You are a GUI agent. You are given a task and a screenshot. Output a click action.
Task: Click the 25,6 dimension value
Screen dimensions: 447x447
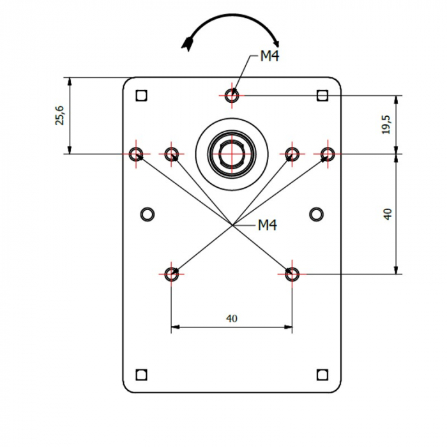pyautogui.click(x=59, y=116)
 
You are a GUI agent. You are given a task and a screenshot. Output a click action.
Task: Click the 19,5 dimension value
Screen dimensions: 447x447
pyautogui.click(x=386, y=125)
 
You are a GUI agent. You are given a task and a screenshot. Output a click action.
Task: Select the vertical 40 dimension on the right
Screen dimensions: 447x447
pyautogui.click(x=387, y=214)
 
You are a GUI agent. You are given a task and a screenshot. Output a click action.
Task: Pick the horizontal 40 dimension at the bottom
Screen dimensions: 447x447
pyautogui.click(x=231, y=318)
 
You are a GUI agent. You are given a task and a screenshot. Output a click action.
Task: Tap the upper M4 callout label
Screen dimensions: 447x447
pyautogui.click(x=269, y=57)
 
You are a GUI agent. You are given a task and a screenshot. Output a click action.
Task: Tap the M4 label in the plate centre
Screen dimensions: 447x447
pyautogui.click(x=267, y=225)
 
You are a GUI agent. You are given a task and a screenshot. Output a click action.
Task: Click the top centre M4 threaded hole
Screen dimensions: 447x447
pyautogui.click(x=233, y=95)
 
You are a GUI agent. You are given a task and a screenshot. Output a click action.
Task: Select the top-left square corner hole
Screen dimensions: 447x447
pyautogui.click(x=142, y=96)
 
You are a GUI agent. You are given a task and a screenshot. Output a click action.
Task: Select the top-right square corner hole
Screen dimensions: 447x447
pyautogui.click(x=322, y=96)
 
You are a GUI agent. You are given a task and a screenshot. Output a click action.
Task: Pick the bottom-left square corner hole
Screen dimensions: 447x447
pyautogui.click(x=142, y=374)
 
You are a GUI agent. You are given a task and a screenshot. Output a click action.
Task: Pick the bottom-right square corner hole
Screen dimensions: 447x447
pyautogui.click(x=322, y=374)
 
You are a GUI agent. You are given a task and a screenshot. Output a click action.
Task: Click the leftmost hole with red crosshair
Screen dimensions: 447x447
pyautogui.click(x=136, y=154)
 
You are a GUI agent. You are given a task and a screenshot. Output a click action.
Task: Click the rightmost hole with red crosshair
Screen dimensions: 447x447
pyautogui.click(x=328, y=154)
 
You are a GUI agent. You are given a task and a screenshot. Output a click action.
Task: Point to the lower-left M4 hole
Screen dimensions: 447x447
pyautogui.click(x=171, y=275)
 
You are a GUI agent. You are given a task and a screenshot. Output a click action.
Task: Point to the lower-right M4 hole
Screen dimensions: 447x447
pyautogui.click(x=292, y=275)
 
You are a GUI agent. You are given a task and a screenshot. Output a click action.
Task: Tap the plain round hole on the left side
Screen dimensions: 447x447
pyautogui.click(x=148, y=213)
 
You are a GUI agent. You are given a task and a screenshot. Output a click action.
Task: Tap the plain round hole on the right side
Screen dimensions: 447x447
pyautogui.click(x=316, y=213)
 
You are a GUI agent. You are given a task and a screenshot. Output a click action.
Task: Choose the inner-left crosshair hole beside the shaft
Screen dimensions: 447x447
pyautogui.click(x=171, y=154)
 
